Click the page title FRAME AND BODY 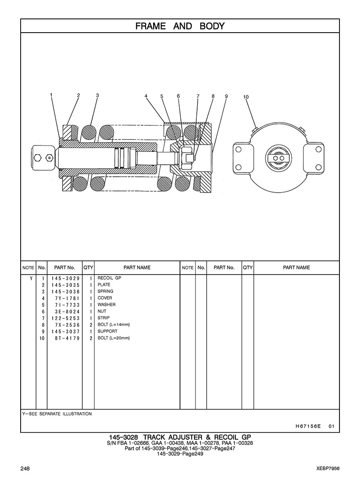pyautogui.click(x=180, y=26)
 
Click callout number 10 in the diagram pyautogui.click(x=246, y=97)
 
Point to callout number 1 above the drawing pyautogui.click(x=51, y=95)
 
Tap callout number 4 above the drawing pyautogui.click(x=146, y=96)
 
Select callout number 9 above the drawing pyautogui.click(x=226, y=96)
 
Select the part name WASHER pyautogui.click(x=106, y=305)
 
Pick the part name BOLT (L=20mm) pyautogui.click(x=114, y=338)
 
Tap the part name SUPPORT pyautogui.click(x=107, y=332)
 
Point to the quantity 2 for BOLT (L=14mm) pyautogui.click(x=91, y=325)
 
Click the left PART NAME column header pyautogui.click(x=137, y=268)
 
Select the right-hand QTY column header pyautogui.click(x=248, y=268)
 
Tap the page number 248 pyautogui.click(x=25, y=468)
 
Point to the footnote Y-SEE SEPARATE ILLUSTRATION pyautogui.click(x=57, y=414)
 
